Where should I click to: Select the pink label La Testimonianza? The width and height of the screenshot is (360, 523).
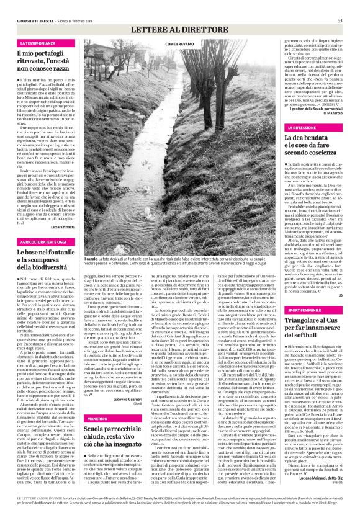(x=40, y=43)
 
